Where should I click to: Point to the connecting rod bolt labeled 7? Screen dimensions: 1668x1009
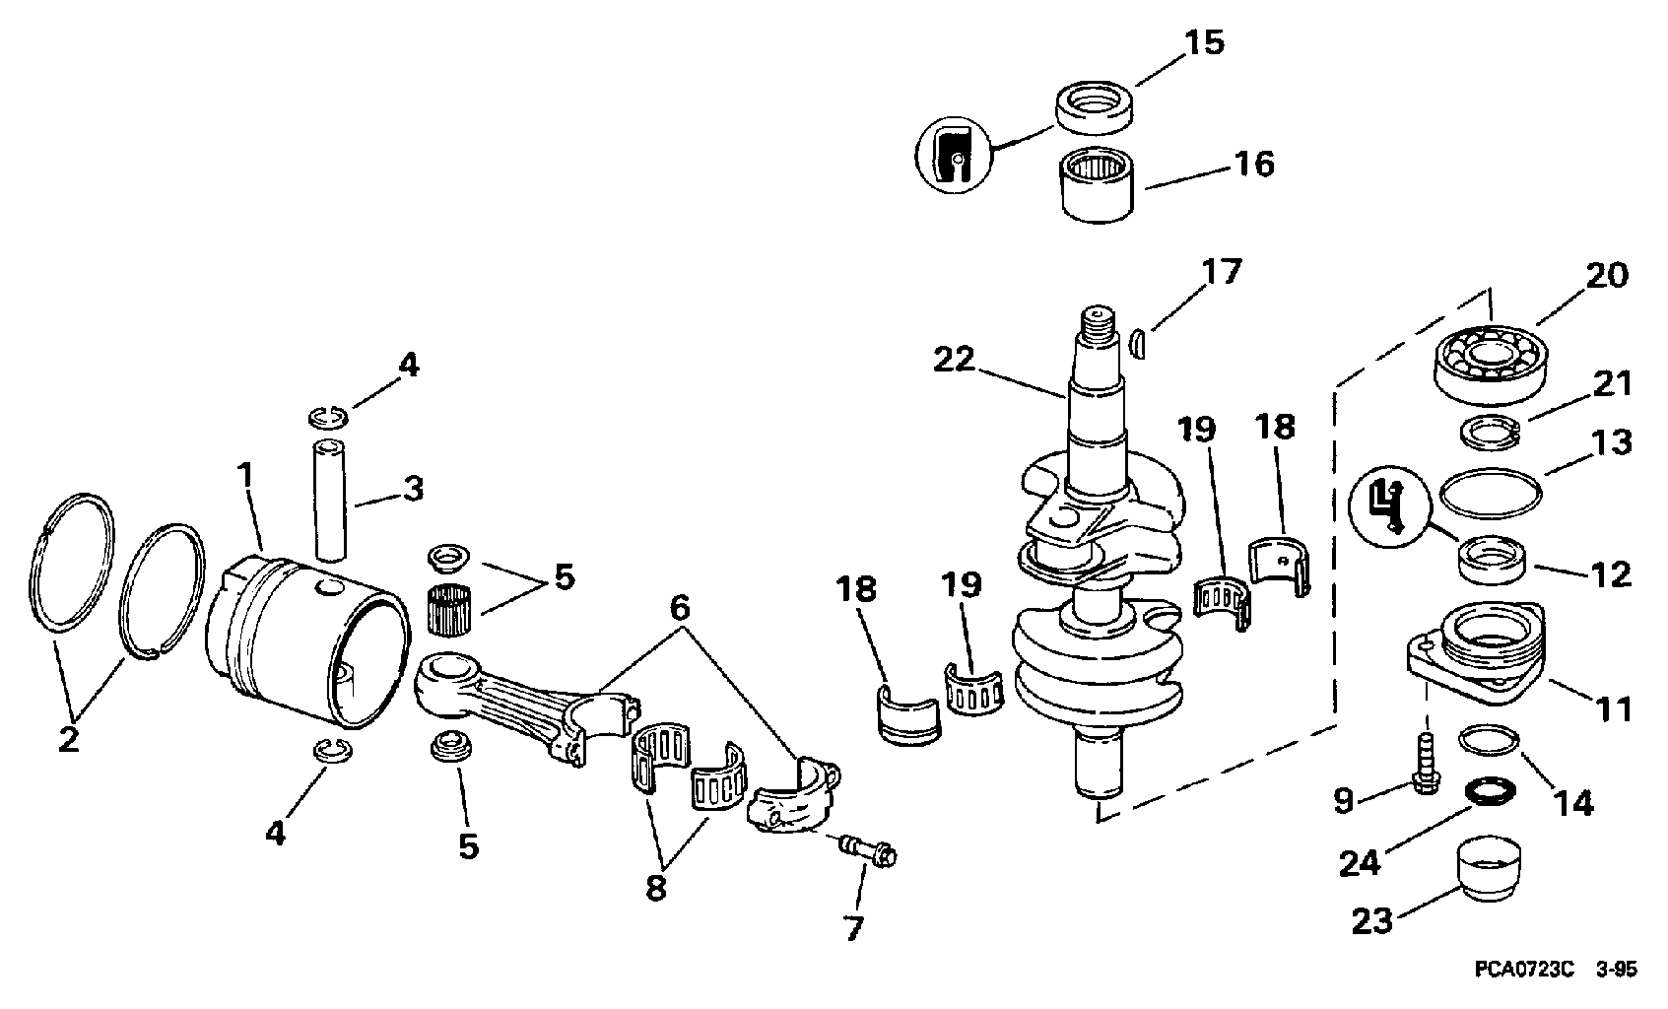[x=868, y=850]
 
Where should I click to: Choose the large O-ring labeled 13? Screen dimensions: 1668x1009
[x=1491, y=493]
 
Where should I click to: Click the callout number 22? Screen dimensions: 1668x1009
[x=954, y=361]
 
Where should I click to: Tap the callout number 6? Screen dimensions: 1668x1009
[x=680, y=608]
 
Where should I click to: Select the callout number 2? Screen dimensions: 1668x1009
[x=69, y=739]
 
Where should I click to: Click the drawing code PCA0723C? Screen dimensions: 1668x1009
[x=1524, y=970]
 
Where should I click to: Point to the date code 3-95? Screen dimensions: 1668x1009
[x=1616, y=970]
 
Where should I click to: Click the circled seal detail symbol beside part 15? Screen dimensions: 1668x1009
[x=953, y=155]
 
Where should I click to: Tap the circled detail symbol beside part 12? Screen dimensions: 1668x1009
[x=1389, y=507]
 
